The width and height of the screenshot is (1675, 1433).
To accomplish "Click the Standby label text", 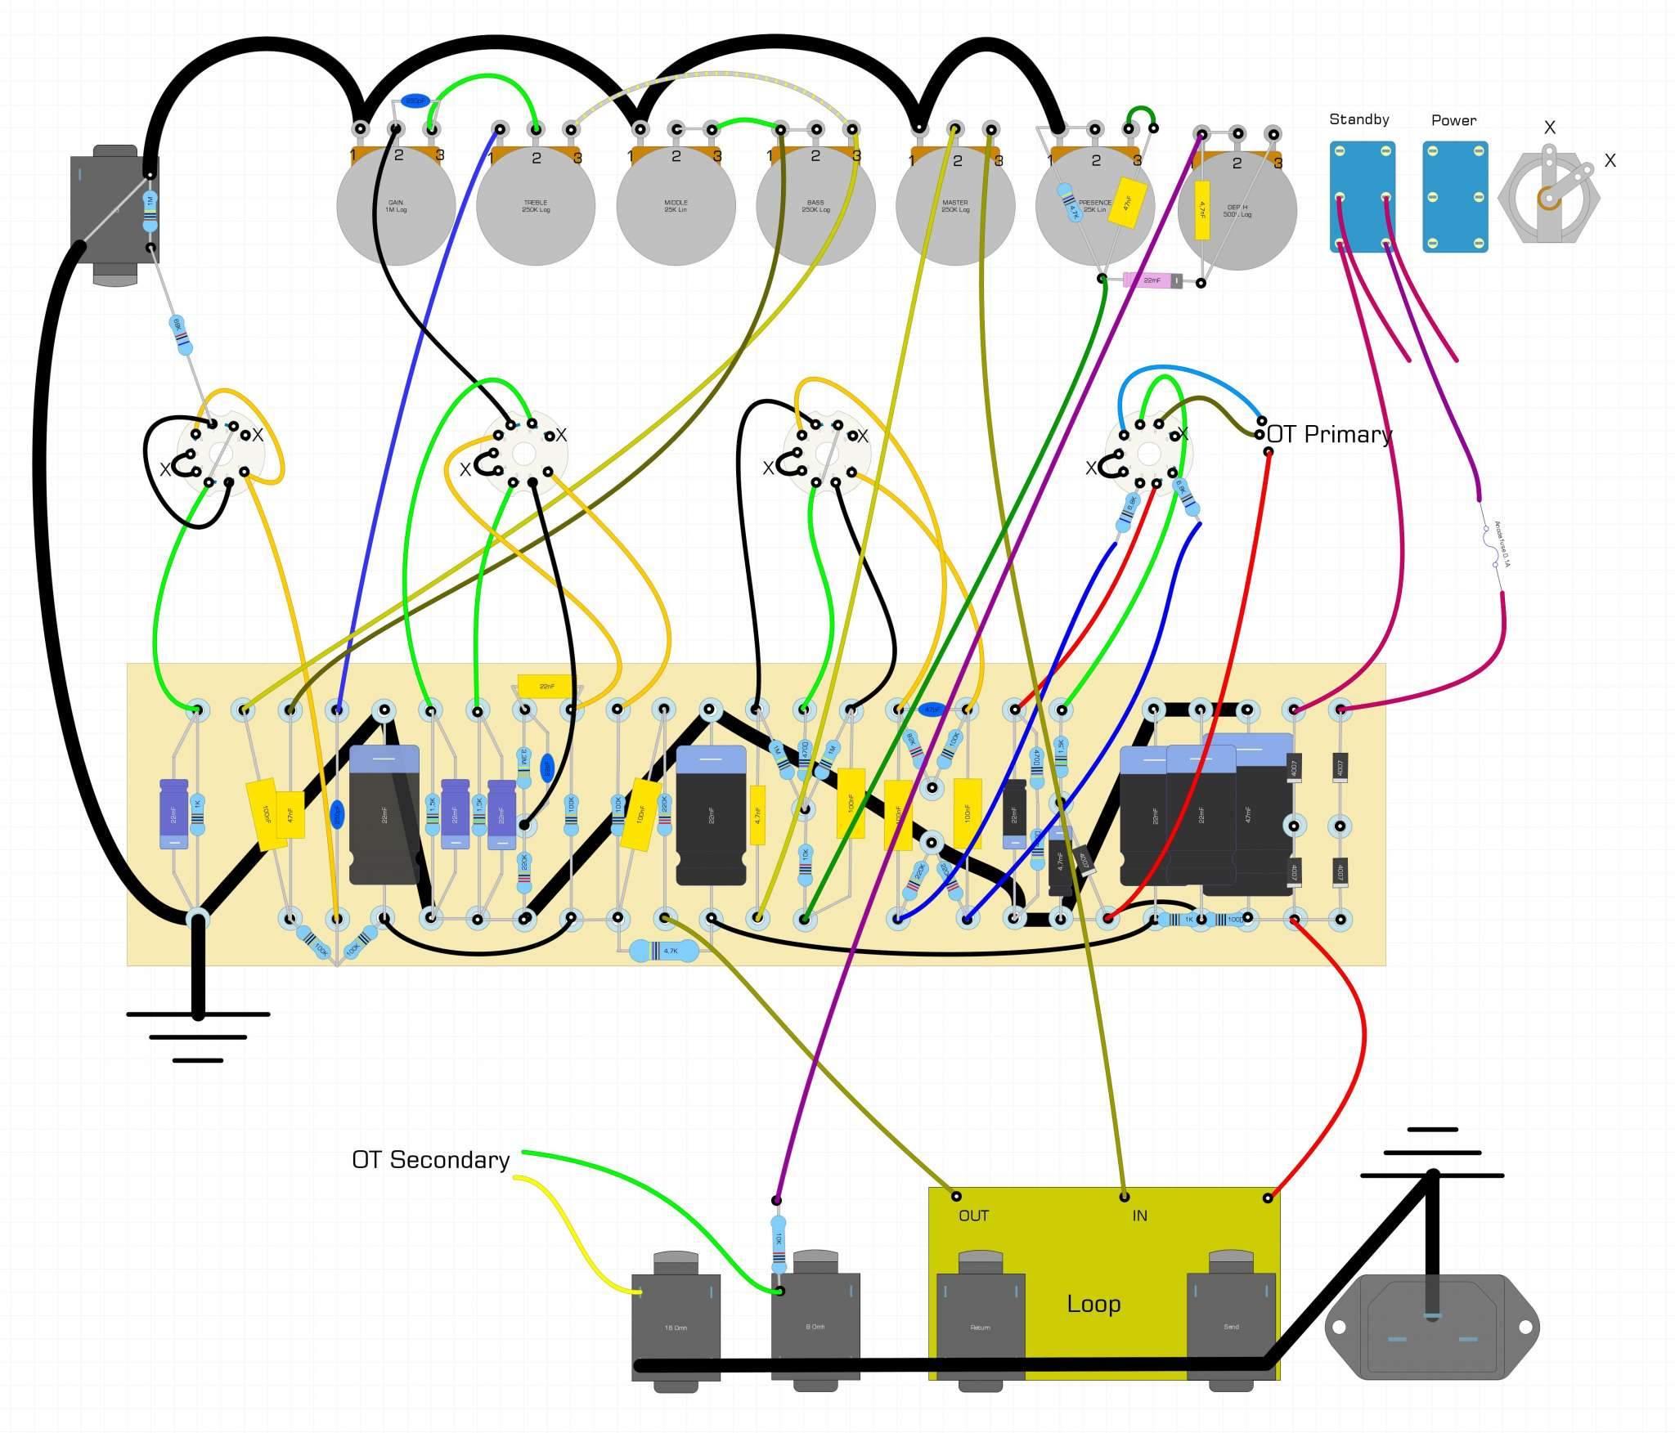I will coord(1358,119).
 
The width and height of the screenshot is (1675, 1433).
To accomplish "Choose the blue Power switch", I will coord(1455,196).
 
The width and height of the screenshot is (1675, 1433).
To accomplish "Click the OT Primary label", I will coord(1329,434).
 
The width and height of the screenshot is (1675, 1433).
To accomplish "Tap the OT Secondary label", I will coord(430,1160).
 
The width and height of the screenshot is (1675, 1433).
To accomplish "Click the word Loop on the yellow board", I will coord(1093,1304).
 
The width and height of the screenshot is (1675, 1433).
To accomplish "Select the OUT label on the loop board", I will coord(973,1216).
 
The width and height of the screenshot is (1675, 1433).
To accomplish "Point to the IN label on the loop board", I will coord(1139,1216).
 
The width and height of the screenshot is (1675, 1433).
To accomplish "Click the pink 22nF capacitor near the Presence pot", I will coord(1152,280).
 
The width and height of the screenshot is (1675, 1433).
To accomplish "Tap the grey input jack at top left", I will coord(115,214).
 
